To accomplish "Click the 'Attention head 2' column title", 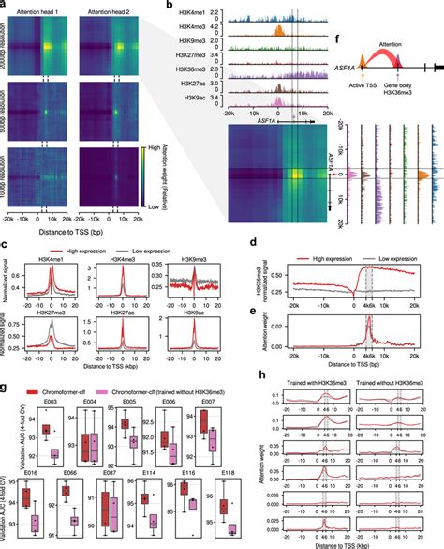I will tap(111, 8).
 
